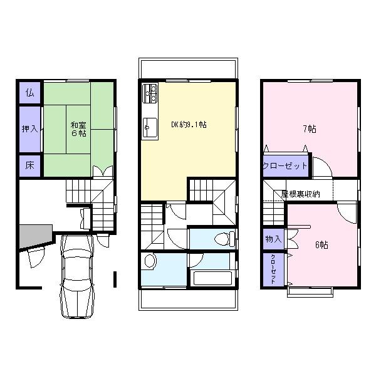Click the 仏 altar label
29,93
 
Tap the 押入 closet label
29,130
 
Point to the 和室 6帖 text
78,128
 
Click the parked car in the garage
77,276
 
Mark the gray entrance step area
33,236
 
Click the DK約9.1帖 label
189,124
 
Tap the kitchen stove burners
150,94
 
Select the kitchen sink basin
150,128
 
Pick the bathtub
213,279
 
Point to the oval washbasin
150,261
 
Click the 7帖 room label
309,129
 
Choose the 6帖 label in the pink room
321,244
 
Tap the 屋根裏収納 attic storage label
300,194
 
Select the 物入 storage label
273,239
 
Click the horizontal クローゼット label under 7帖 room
285,166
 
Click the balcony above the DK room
188,68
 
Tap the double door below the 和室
102,171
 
